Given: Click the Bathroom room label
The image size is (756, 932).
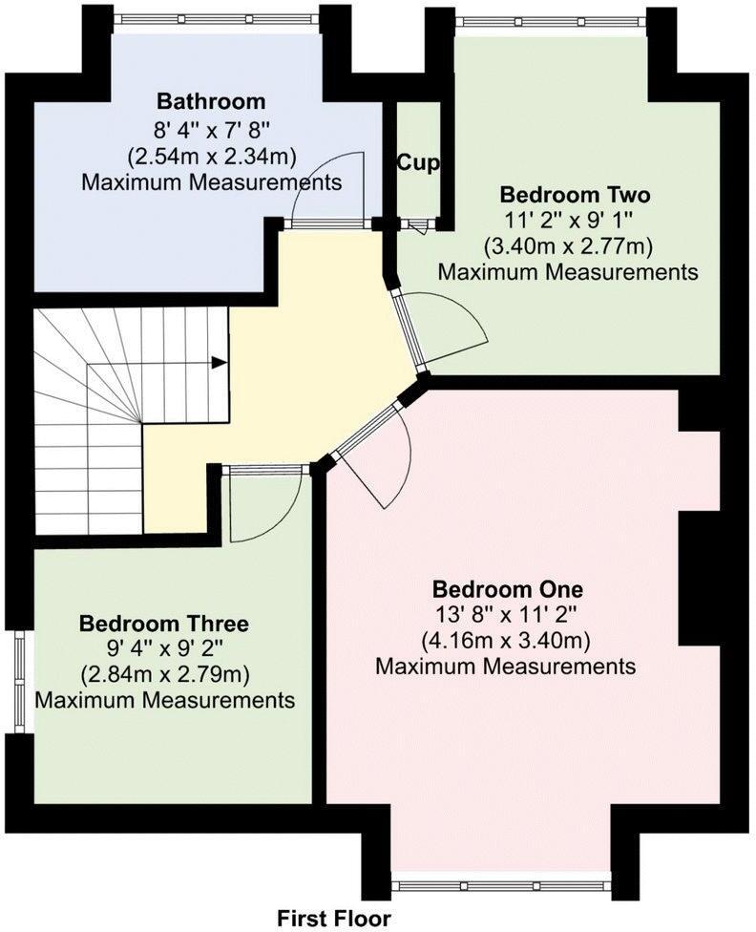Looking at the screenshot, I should point(211,101).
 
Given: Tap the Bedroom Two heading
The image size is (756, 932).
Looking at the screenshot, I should point(576,195).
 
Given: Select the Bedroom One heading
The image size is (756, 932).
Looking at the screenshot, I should point(507,586).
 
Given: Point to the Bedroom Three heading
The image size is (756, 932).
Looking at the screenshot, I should point(164,624).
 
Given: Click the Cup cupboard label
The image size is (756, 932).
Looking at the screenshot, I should point(418,163).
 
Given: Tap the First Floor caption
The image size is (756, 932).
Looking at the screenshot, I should point(334,918).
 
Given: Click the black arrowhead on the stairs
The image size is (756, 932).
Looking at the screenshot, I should point(220,362).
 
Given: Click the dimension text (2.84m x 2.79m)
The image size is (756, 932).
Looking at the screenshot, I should point(164,675).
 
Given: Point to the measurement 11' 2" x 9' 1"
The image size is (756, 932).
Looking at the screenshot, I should point(568,221).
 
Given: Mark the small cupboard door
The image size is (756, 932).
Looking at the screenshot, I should point(418,225).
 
